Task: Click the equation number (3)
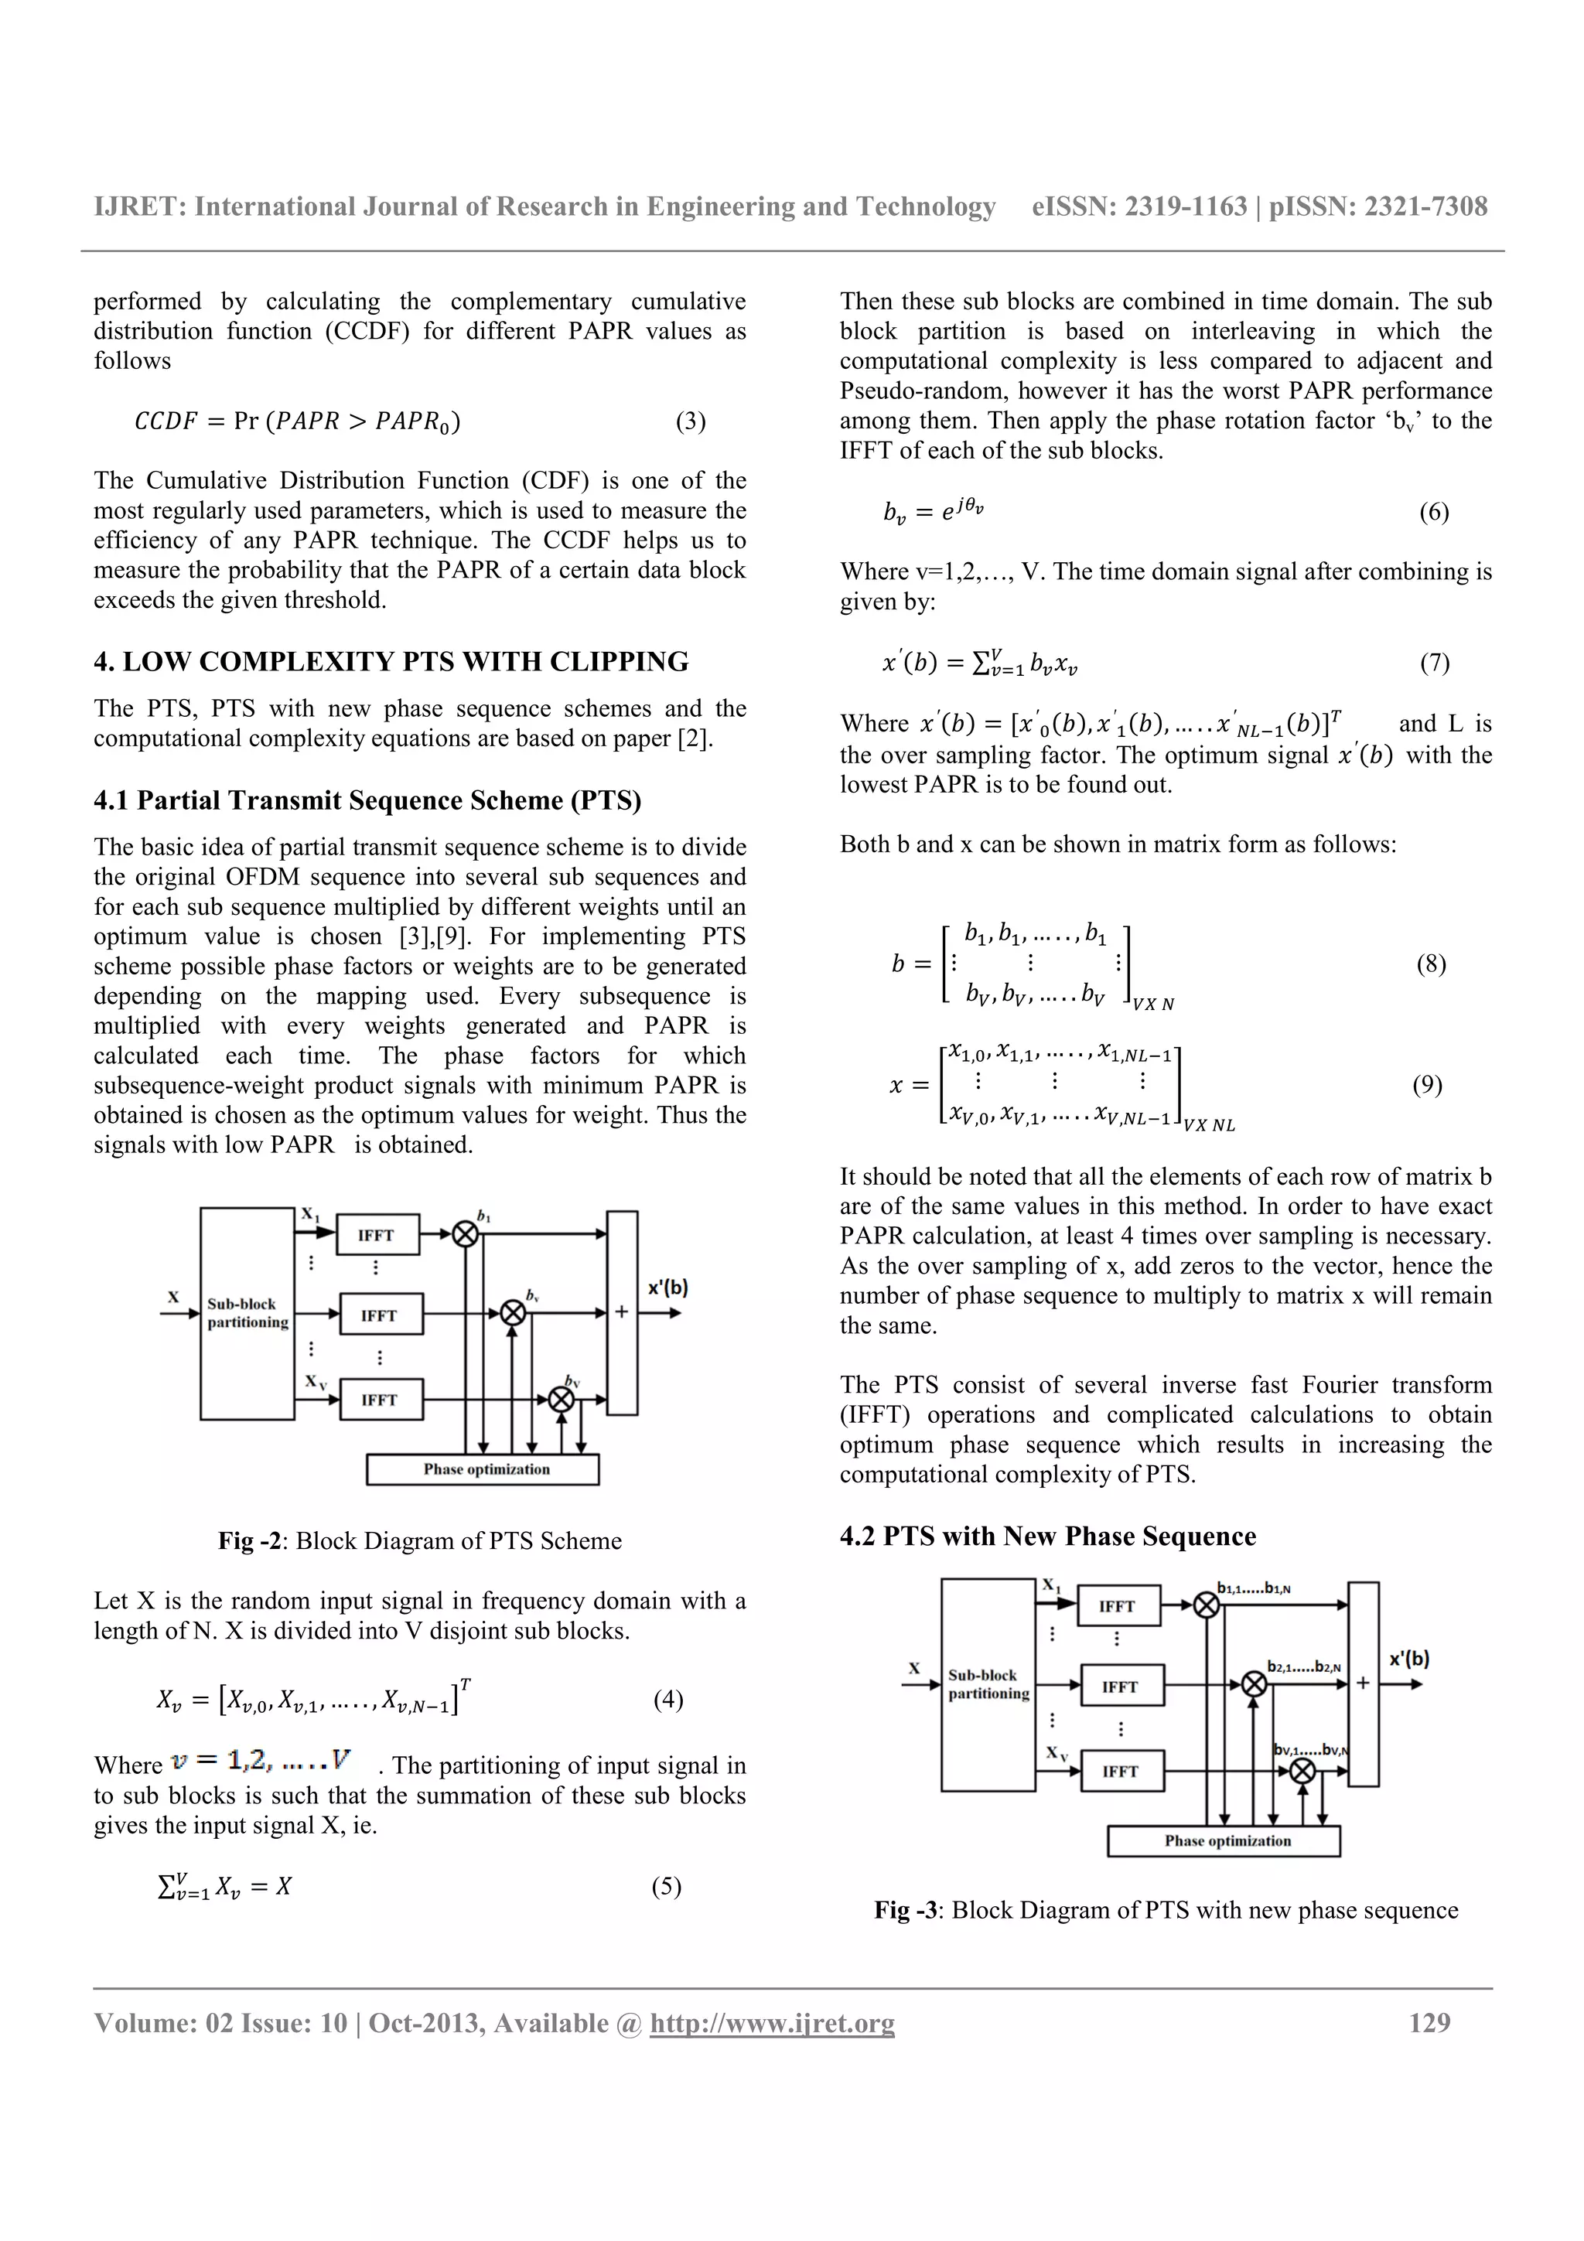point(690,421)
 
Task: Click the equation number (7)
point(1434,663)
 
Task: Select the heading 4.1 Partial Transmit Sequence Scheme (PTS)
point(367,800)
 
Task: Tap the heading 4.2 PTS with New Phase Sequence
point(1047,1537)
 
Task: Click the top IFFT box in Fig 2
point(377,1235)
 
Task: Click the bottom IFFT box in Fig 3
point(1121,1771)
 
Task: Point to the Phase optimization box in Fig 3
point(1223,1840)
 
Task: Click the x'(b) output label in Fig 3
point(1408,1658)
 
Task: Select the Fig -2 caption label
point(250,1541)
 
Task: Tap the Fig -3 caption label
point(906,1910)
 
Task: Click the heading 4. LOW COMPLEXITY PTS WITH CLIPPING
point(391,662)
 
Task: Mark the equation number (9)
point(1427,1084)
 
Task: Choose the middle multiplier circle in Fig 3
point(1254,1683)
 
